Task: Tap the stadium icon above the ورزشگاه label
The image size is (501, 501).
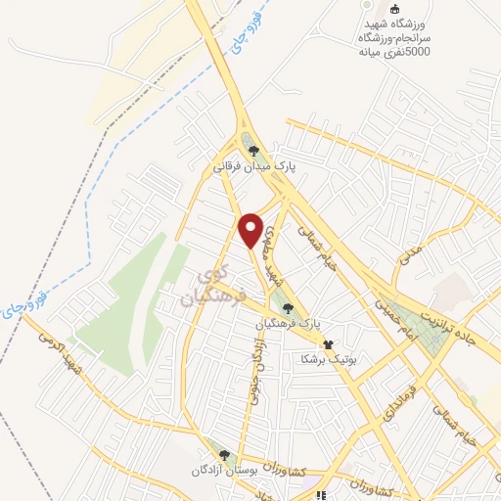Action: click(395, 10)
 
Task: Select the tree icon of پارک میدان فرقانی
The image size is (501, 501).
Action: click(253, 151)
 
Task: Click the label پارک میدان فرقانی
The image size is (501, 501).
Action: click(254, 166)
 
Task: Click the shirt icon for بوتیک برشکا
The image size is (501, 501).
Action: click(328, 344)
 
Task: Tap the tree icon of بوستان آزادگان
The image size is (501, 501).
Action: click(225, 455)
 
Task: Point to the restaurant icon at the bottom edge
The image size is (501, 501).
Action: click(317, 495)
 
